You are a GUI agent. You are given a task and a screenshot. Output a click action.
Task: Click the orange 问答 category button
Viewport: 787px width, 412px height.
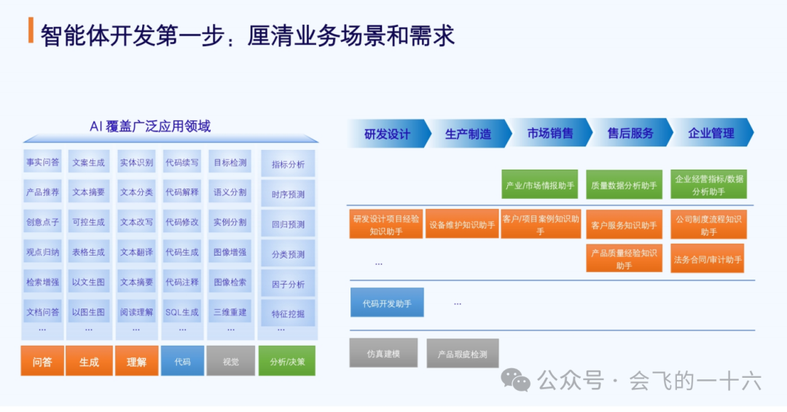[42, 361]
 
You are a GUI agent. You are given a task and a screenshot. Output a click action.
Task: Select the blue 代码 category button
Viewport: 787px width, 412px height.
[182, 361]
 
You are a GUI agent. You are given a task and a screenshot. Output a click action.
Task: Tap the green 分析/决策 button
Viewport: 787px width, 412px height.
[287, 361]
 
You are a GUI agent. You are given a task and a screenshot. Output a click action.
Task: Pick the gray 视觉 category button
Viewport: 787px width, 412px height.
[230, 361]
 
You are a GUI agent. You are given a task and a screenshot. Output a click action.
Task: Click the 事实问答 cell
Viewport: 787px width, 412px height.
[42, 162]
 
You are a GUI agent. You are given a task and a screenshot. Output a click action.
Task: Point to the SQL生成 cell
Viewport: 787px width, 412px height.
[182, 312]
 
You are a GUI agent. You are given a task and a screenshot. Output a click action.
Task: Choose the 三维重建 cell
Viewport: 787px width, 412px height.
[230, 312]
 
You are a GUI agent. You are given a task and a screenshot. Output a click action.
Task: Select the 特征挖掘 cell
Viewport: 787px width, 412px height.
[288, 314]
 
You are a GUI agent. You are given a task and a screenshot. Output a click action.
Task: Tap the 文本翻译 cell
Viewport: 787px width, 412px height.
[136, 252]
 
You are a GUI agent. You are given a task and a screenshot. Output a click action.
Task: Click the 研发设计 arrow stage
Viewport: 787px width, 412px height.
[387, 134]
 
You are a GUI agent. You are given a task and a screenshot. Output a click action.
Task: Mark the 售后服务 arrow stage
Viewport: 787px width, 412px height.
[630, 134]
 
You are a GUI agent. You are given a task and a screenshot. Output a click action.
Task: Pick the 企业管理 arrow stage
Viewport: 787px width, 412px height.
[710, 134]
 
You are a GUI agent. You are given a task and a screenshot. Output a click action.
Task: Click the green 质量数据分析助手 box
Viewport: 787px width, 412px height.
[624, 186]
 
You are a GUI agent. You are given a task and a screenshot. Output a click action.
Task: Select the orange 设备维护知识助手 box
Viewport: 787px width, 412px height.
[462, 225]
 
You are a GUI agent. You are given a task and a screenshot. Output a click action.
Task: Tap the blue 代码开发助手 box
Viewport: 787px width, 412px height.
[387, 303]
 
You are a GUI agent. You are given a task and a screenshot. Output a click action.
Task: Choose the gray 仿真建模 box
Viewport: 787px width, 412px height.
[383, 353]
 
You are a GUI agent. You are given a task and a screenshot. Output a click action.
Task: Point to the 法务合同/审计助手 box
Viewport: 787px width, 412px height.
[708, 259]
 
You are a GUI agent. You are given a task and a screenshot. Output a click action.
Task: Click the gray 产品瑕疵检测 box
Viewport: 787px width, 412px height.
[463, 354]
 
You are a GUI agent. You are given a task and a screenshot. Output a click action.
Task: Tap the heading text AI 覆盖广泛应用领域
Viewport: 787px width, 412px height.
[150, 126]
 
